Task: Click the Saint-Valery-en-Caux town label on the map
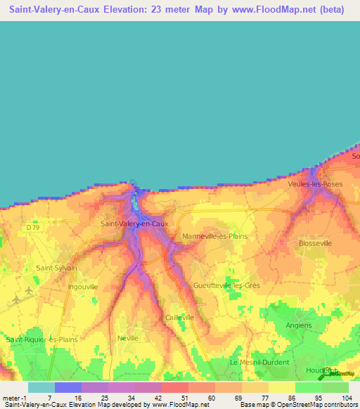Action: (134, 223)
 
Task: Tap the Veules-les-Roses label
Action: (315, 183)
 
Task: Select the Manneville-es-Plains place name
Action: (214, 236)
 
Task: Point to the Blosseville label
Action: (314, 242)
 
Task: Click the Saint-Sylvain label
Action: (56, 268)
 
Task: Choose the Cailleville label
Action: (179, 318)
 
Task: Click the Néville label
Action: (128, 338)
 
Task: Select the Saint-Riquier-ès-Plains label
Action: (42, 339)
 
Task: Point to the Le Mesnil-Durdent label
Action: (255, 361)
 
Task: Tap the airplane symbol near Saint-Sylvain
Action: (28, 290)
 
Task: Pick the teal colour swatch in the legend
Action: (41, 387)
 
